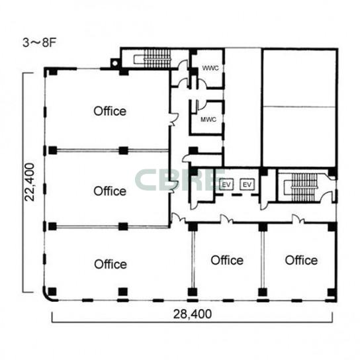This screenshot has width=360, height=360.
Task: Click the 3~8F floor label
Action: point(39,43)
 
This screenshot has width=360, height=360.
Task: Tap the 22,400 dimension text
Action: point(30,182)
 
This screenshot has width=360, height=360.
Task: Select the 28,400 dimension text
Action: point(193,314)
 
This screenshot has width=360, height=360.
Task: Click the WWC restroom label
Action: point(210,68)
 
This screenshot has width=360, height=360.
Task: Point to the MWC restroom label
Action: point(208,120)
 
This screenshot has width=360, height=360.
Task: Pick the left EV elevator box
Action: point(226,185)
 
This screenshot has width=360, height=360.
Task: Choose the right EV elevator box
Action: point(247,185)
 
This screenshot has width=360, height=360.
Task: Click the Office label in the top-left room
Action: point(110,111)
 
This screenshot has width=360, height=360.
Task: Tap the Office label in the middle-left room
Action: point(110,191)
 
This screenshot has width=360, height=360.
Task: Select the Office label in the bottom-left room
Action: point(111,264)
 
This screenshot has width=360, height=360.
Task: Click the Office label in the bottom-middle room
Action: point(227,260)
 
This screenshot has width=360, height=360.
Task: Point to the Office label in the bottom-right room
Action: point(301,260)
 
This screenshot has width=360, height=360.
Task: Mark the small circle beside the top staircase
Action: point(114,63)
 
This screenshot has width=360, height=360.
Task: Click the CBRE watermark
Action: point(180,180)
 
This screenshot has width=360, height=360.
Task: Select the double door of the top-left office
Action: point(173,119)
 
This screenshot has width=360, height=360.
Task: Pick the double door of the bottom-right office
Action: point(298,219)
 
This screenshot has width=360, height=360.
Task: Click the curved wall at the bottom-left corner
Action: point(47,297)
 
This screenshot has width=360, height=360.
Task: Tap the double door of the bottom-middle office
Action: point(226,219)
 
